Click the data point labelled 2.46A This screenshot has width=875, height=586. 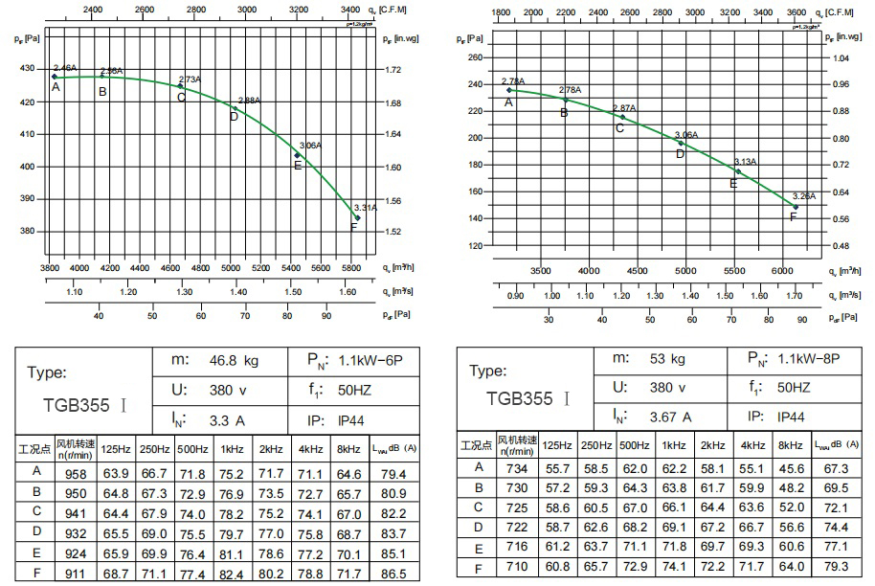point(55,77)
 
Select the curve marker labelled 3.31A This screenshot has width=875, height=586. point(358,217)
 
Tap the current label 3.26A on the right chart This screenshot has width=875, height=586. point(804,196)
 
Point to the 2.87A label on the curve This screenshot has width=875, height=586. point(623,108)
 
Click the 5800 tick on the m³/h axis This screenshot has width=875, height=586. point(351,269)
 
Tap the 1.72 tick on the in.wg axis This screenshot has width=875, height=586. point(393,70)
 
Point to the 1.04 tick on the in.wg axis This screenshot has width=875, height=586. point(841,57)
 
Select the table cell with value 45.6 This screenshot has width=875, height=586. point(790,468)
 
